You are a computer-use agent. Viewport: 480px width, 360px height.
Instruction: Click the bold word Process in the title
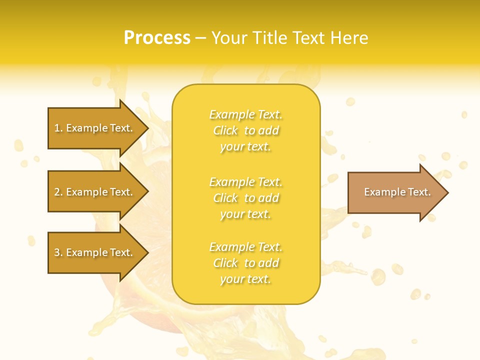click(x=157, y=38)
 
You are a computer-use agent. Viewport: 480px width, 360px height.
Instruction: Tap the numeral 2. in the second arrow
click(x=58, y=192)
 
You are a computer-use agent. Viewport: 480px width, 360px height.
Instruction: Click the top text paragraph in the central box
click(x=245, y=130)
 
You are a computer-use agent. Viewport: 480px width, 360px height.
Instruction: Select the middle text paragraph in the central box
click(x=245, y=198)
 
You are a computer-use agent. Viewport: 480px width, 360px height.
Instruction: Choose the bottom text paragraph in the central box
click(x=245, y=263)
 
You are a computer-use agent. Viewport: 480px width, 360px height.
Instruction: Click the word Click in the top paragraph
click(x=225, y=130)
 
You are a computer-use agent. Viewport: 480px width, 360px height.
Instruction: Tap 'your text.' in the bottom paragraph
click(x=245, y=279)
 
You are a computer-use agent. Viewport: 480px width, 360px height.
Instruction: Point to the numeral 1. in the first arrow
click(x=58, y=128)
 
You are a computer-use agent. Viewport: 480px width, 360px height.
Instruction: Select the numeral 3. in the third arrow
click(x=58, y=252)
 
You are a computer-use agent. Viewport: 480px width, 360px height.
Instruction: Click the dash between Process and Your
click(x=200, y=38)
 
